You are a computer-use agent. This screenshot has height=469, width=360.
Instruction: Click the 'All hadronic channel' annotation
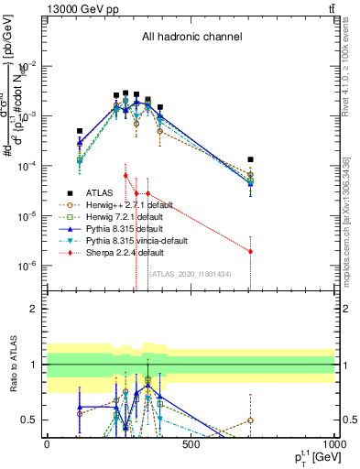tap(191, 38)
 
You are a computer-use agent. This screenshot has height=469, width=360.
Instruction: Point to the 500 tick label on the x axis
tap(191, 445)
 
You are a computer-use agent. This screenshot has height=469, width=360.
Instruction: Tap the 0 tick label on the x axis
tap(47, 445)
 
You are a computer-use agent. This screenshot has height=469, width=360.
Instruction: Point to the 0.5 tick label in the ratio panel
tap(29, 420)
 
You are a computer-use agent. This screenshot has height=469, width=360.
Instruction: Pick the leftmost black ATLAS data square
tap(80, 131)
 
